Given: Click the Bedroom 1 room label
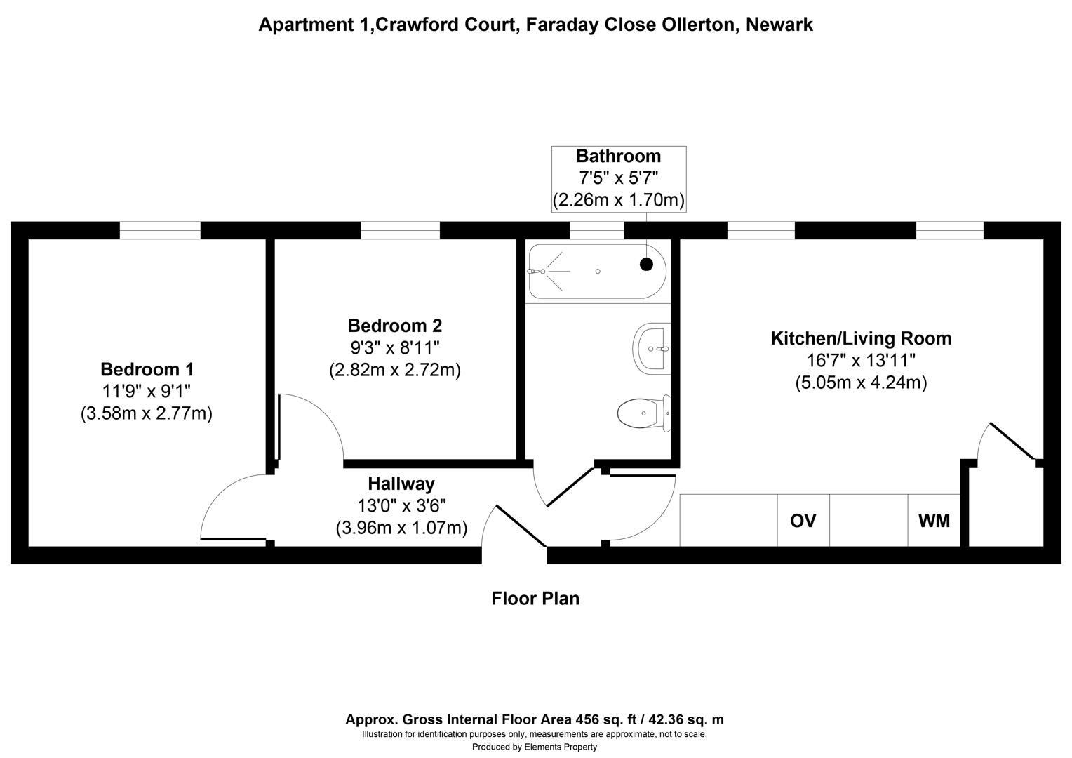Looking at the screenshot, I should pyautogui.click(x=147, y=369).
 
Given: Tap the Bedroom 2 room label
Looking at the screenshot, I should pyautogui.click(x=395, y=326).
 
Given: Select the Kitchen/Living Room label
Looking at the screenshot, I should pyautogui.click(x=861, y=338).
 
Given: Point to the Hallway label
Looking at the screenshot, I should pyautogui.click(x=401, y=484).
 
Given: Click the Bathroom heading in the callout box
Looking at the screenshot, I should pyautogui.click(x=618, y=156).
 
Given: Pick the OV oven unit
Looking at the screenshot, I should pyautogui.click(x=803, y=521).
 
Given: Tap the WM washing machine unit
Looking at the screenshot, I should pyautogui.click(x=934, y=521).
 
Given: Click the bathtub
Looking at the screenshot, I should pyautogui.click(x=596, y=272).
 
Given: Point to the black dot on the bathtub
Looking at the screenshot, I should pyautogui.click(x=646, y=264).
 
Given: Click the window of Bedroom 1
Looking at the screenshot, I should pyautogui.click(x=160, y=230).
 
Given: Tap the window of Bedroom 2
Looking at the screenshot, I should pyautogui.click(x=400, y=230).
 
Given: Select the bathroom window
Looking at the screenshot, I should pyautogui.click(x=596, y=230).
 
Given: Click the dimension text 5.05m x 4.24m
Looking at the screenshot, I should pyautogui.click(x=861, y=383).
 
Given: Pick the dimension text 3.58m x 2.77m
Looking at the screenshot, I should pyautogui.click(x=147, y=413).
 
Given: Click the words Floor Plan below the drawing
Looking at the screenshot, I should pyautogui.click(x=535, y=599).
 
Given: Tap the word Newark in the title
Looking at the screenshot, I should pyautogui.click(x=779, y=25).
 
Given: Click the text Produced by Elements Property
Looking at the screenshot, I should pyautogui.click(x=535, y=747).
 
